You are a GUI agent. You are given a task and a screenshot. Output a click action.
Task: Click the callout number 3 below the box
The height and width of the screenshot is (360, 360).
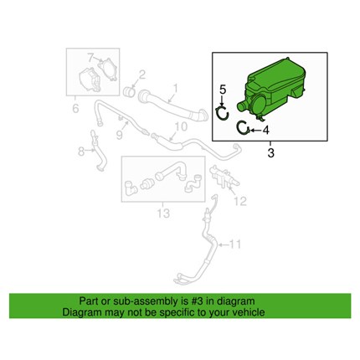coord(270,152)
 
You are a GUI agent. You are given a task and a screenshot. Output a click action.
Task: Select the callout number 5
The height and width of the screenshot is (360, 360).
coord(223,90)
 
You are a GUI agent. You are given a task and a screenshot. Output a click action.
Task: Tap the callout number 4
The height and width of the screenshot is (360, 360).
coord(266,130)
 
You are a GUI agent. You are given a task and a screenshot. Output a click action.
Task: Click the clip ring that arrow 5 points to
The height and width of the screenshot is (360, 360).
coord(223,114)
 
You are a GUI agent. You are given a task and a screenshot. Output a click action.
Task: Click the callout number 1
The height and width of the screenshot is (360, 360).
coord(175,89)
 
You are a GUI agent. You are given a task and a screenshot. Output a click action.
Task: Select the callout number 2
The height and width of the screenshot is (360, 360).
coord(142,75)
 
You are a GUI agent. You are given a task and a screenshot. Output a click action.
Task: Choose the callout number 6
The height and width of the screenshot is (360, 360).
coord(75,108)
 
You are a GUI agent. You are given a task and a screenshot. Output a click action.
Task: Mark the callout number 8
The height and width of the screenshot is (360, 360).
coord(81,152)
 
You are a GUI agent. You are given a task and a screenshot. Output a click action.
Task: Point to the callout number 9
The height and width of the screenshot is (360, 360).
coord(120,135)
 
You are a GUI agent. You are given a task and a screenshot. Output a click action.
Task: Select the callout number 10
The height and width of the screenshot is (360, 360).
coord(181,126)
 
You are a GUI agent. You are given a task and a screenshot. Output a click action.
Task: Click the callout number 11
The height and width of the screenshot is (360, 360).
coord(234,244)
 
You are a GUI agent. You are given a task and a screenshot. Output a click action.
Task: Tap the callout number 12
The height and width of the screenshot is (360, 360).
coord(240,201)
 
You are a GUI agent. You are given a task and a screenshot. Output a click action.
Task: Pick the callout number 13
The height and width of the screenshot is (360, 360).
coord(163,213)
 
